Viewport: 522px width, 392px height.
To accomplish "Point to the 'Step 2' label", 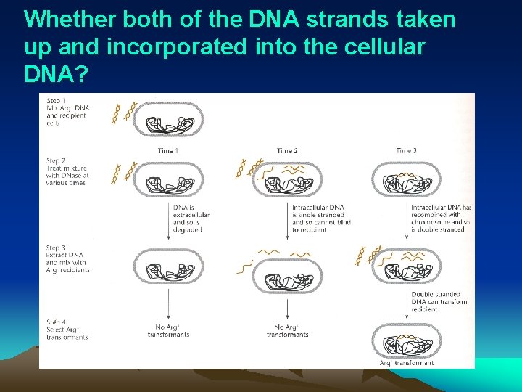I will [x=57, y=161].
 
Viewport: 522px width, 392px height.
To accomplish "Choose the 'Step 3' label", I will [x=57, y=248].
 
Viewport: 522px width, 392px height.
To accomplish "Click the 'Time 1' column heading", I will [x=168, y=151].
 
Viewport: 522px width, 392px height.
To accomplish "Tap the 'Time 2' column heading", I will [x=287, y=151].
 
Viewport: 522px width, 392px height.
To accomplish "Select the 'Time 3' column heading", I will [x=406, y=151].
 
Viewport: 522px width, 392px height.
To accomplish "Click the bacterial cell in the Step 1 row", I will [x=168, y=119].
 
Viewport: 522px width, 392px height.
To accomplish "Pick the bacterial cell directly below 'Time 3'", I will [x=406, y=178].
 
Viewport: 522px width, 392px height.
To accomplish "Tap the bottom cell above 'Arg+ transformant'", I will [x=406, y=341].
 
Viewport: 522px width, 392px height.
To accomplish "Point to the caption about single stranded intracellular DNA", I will [x=321, y=219].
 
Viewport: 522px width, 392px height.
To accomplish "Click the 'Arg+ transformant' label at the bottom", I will [x=407, y=363].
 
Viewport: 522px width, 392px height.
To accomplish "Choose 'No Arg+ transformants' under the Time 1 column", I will [x=168, y=331].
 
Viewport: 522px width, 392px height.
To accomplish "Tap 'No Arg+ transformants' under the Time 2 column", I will [x=287, y=331].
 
